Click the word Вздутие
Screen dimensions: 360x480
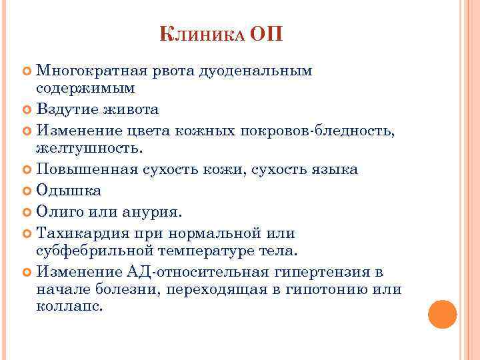tap(65, 109)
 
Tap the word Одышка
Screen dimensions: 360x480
tap(69, 191)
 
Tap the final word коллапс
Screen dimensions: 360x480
tap(70, 307)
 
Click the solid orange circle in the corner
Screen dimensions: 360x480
tap(441, 313)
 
